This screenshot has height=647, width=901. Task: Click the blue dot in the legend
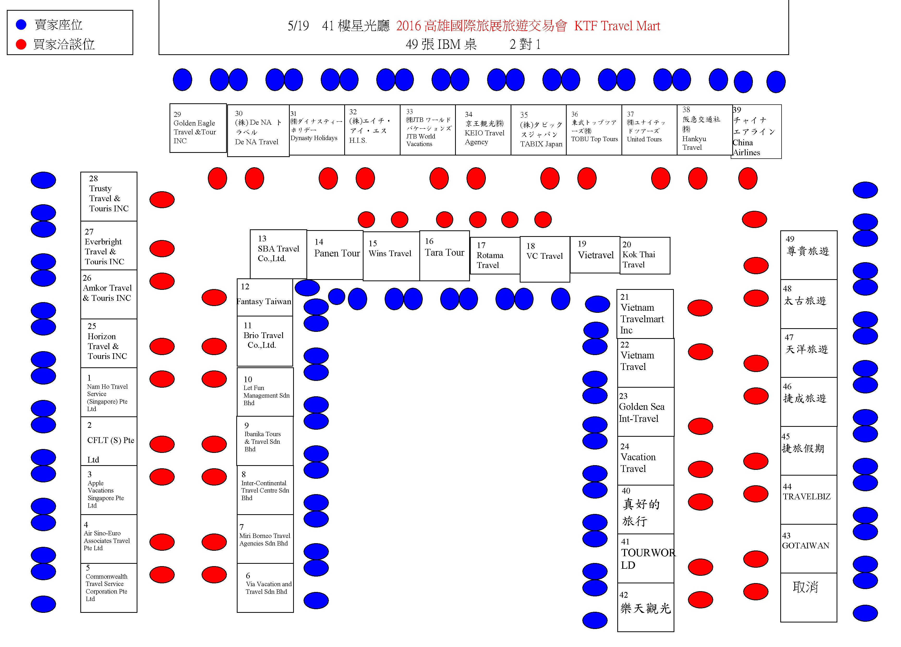(21, 25)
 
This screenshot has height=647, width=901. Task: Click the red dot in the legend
(21, 44)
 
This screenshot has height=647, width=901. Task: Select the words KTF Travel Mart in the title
(617, 26)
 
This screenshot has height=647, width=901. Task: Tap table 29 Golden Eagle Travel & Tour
(198, 128)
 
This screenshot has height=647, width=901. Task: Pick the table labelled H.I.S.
(372, 130)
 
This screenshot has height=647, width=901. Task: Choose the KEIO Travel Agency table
(483, 130)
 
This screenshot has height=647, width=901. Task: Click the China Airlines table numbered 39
(756, 131)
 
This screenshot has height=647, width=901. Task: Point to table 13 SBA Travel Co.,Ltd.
(279, 254)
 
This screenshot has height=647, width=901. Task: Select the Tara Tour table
(445, 256)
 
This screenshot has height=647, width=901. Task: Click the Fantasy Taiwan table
(265, 297)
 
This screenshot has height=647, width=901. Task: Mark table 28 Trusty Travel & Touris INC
(109, 196)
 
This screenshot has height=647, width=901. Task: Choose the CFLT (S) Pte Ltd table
(109, 441)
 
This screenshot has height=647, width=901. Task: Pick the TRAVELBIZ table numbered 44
(808, 500)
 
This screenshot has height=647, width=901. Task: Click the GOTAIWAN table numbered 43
(808, 548)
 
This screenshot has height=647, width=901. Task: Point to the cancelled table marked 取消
(808, 597)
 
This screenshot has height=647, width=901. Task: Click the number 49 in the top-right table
(790, 239)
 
